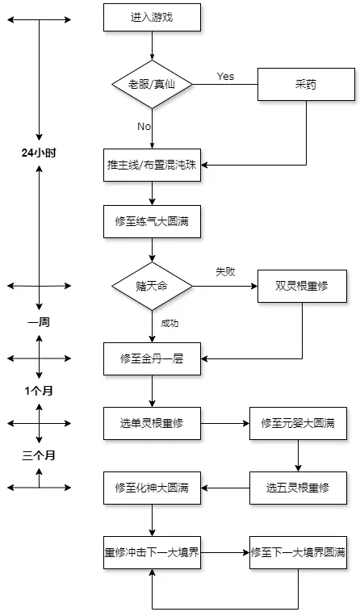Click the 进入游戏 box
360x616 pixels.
pos(152,16)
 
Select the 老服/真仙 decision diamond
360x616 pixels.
pos(152,84)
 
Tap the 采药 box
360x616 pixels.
pos(306,84)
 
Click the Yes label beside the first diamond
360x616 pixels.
pos(226,76)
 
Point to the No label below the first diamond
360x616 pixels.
pos(144,127)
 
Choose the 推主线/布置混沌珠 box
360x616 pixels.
pos(152,165)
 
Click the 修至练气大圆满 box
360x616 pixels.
pos(152,220)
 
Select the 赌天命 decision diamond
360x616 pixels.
pos(152,286)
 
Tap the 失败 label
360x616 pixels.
pos(225,272)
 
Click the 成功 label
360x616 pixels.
pos(170,323)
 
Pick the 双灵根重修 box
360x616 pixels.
pos(302,286)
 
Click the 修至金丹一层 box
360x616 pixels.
pos(152,358)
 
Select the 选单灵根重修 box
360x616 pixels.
pos(152,422)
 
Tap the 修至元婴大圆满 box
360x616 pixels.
pos(298,422)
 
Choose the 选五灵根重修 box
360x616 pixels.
pos(298,488)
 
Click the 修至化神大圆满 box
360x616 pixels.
pos(152,488)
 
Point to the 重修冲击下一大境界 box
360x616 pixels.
pos(152,554)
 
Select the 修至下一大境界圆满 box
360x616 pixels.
pos(298,554)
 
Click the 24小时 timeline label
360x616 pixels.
pos(39,152)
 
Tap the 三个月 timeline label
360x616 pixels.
pos(39,455)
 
